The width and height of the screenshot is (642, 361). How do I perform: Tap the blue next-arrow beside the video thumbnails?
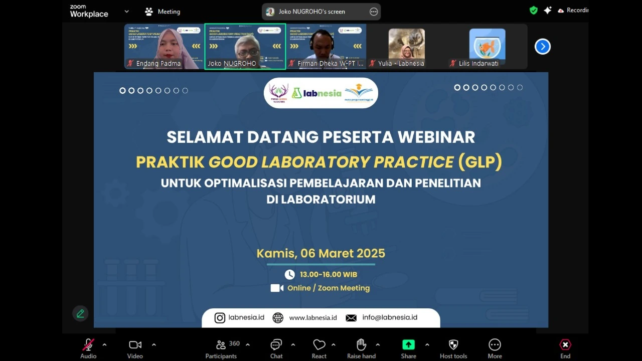(542, 47)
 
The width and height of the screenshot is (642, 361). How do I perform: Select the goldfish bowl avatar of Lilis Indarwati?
(487, 44)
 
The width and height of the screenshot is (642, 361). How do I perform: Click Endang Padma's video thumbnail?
(165, 46)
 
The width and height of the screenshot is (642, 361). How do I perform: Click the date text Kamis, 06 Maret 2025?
(321, 253)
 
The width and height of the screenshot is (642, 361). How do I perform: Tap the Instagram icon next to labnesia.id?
(220, 317)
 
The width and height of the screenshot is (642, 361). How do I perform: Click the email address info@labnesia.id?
(390, 317)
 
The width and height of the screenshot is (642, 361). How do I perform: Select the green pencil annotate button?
(80, 313)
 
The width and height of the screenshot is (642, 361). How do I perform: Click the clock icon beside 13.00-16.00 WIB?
(290, 274)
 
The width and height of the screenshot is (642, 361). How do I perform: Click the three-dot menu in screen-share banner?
(374, 12)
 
